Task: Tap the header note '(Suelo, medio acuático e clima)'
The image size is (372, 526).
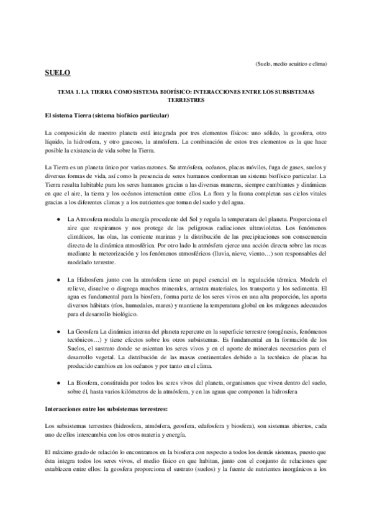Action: [x=291, y=64]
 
